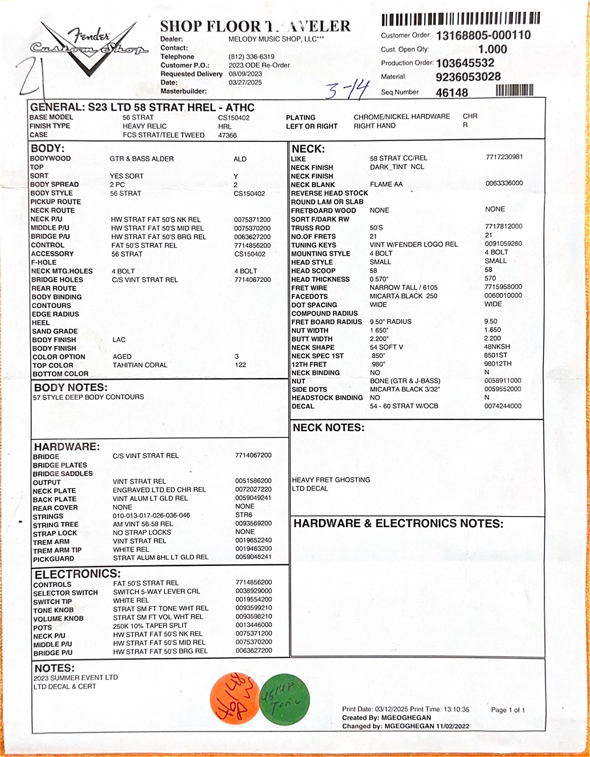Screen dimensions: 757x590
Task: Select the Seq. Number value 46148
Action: click(452, 93)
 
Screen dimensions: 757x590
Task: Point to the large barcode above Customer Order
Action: click(461, 19)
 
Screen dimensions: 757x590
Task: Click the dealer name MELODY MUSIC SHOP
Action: click(276, 39)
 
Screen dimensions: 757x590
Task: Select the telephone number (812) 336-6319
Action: click(251, 57)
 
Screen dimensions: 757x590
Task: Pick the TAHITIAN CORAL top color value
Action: click(140, 365)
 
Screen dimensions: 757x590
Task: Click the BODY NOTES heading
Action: click(71, 387)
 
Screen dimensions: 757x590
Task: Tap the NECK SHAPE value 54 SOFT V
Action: click(386, 347)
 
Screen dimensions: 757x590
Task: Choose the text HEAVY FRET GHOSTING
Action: click(331, 480)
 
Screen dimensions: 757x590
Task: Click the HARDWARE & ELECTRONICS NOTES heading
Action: click(398, 523)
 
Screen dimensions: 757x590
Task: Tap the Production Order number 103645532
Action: click(465, 63)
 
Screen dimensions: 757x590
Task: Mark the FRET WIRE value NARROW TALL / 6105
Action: click(403, 287)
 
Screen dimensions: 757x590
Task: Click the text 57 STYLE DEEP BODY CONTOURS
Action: click(88, 397)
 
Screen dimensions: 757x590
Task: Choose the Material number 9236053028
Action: click(468, 77)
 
